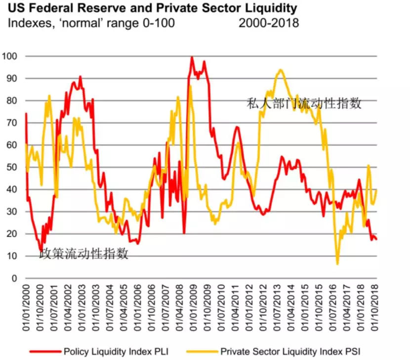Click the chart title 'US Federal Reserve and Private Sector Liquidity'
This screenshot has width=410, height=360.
click(152, 8)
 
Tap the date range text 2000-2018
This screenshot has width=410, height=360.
click(269, 23)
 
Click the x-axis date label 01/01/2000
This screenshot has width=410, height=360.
click(26, 305)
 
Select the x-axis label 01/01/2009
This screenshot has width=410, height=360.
click(190, 305)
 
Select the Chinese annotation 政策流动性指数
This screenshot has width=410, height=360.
click(84, 254)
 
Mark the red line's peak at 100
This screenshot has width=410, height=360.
click(192, 57)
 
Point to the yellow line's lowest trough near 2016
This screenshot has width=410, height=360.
click(337, 264)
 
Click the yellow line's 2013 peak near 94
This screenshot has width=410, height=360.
click(280, 70)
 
